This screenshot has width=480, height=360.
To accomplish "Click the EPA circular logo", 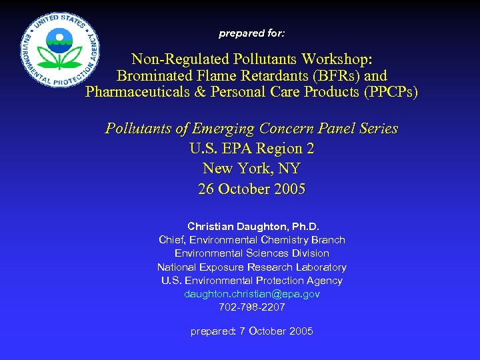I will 60,50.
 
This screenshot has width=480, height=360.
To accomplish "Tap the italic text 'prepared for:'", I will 252,33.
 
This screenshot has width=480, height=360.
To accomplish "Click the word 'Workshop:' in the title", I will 336,59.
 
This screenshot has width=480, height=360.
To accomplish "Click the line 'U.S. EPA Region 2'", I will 252,148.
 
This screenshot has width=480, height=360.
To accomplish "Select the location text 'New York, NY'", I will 252,168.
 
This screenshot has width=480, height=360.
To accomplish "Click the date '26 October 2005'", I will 252,189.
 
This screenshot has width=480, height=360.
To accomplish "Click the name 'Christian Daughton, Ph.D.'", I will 252,227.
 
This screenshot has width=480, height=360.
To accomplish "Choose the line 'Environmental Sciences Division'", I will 252,253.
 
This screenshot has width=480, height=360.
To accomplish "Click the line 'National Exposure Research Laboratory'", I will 252,267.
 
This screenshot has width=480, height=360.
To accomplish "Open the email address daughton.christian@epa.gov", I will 252,294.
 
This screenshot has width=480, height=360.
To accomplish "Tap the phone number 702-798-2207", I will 252,307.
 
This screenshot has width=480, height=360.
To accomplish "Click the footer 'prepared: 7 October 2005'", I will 252,331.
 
